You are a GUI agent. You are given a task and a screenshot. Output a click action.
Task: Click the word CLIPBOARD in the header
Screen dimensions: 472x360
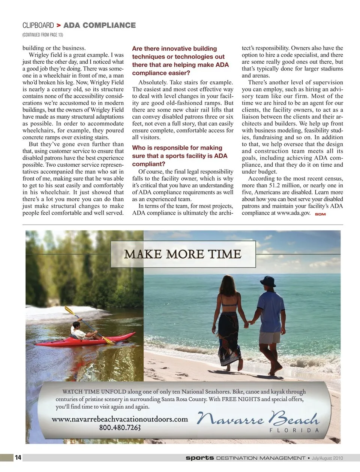click(38, 25)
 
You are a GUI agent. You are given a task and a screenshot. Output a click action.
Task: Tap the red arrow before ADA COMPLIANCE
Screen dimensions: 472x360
click(58, 25)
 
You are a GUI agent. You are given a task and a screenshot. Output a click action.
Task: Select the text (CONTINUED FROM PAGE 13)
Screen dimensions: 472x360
click(43, 35)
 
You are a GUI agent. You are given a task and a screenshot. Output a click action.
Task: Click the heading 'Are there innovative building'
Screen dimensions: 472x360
click(174, 49)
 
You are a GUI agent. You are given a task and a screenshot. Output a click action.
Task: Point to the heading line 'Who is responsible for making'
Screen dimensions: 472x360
click(177, 148)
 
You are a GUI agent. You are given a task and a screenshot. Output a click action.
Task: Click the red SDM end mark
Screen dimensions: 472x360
click(320, 214)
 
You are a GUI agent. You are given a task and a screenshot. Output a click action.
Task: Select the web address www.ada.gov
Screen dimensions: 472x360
click(294, 213)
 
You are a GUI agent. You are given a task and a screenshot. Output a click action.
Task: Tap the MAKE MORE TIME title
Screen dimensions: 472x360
click(183, 254)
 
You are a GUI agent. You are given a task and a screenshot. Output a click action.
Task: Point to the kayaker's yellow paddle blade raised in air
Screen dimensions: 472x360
click(69, 311)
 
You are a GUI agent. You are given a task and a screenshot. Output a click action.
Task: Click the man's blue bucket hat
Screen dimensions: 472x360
click(268, 281)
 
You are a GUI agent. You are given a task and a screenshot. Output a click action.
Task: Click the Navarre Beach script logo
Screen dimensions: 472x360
click(258, 418)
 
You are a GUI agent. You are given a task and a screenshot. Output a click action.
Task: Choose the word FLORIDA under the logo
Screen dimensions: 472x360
click(294, 430)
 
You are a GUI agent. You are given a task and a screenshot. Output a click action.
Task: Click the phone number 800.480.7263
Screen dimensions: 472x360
click(120, 427)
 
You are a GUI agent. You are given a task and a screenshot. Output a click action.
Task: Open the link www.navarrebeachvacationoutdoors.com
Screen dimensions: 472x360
click(120, 419)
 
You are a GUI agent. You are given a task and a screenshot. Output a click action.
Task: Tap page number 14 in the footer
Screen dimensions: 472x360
click(18, 457)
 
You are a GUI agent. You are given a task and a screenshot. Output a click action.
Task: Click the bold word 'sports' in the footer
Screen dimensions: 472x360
click(200, 458)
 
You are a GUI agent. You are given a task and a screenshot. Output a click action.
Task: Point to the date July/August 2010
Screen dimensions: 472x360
click(327, 458)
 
